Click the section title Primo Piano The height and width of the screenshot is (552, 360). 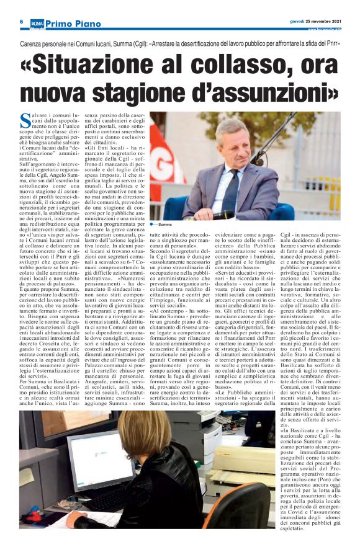(73, 24)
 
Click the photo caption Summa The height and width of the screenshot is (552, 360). (165, 223)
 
